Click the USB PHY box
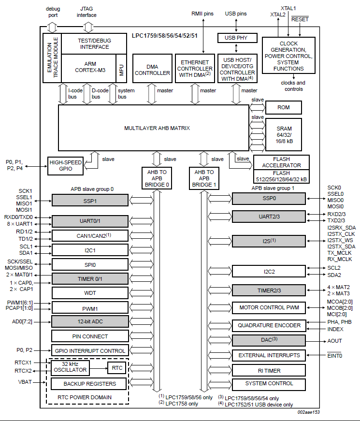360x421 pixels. pos(236,38)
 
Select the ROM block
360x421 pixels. pos(283,107)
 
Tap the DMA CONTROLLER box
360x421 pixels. pos(152,68)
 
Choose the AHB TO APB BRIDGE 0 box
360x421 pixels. pos(156,178)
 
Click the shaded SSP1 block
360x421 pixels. pos(90,200)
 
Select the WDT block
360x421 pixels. pos(90,293)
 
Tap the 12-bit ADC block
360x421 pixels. pos(90,321)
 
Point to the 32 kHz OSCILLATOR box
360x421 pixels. pos(70,367)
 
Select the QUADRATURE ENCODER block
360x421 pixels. pos(269,326)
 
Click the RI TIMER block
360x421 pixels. pos(269,370)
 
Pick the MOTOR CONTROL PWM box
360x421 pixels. pos(269,307)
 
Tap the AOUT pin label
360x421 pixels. pos(335,341)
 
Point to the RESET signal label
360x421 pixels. pos(300,19)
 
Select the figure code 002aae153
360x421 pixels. pos(308,412)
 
